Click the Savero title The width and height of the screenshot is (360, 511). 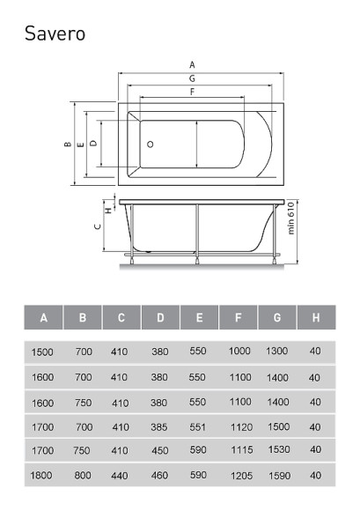[x=55, y=33]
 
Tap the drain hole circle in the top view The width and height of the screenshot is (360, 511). [x=150, y=144]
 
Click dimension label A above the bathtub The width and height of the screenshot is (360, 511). [x=193, y=65]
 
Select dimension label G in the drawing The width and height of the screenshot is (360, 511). [x=193, y=78]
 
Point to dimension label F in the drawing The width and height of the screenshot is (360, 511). [x=193, y=92]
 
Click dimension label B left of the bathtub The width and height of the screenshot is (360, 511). [x=68, y=144]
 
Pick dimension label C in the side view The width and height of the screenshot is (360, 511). [x=98, y=226]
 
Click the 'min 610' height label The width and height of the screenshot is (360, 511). [x=291, y=218]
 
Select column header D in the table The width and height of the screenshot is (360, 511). [x=160, y=317]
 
